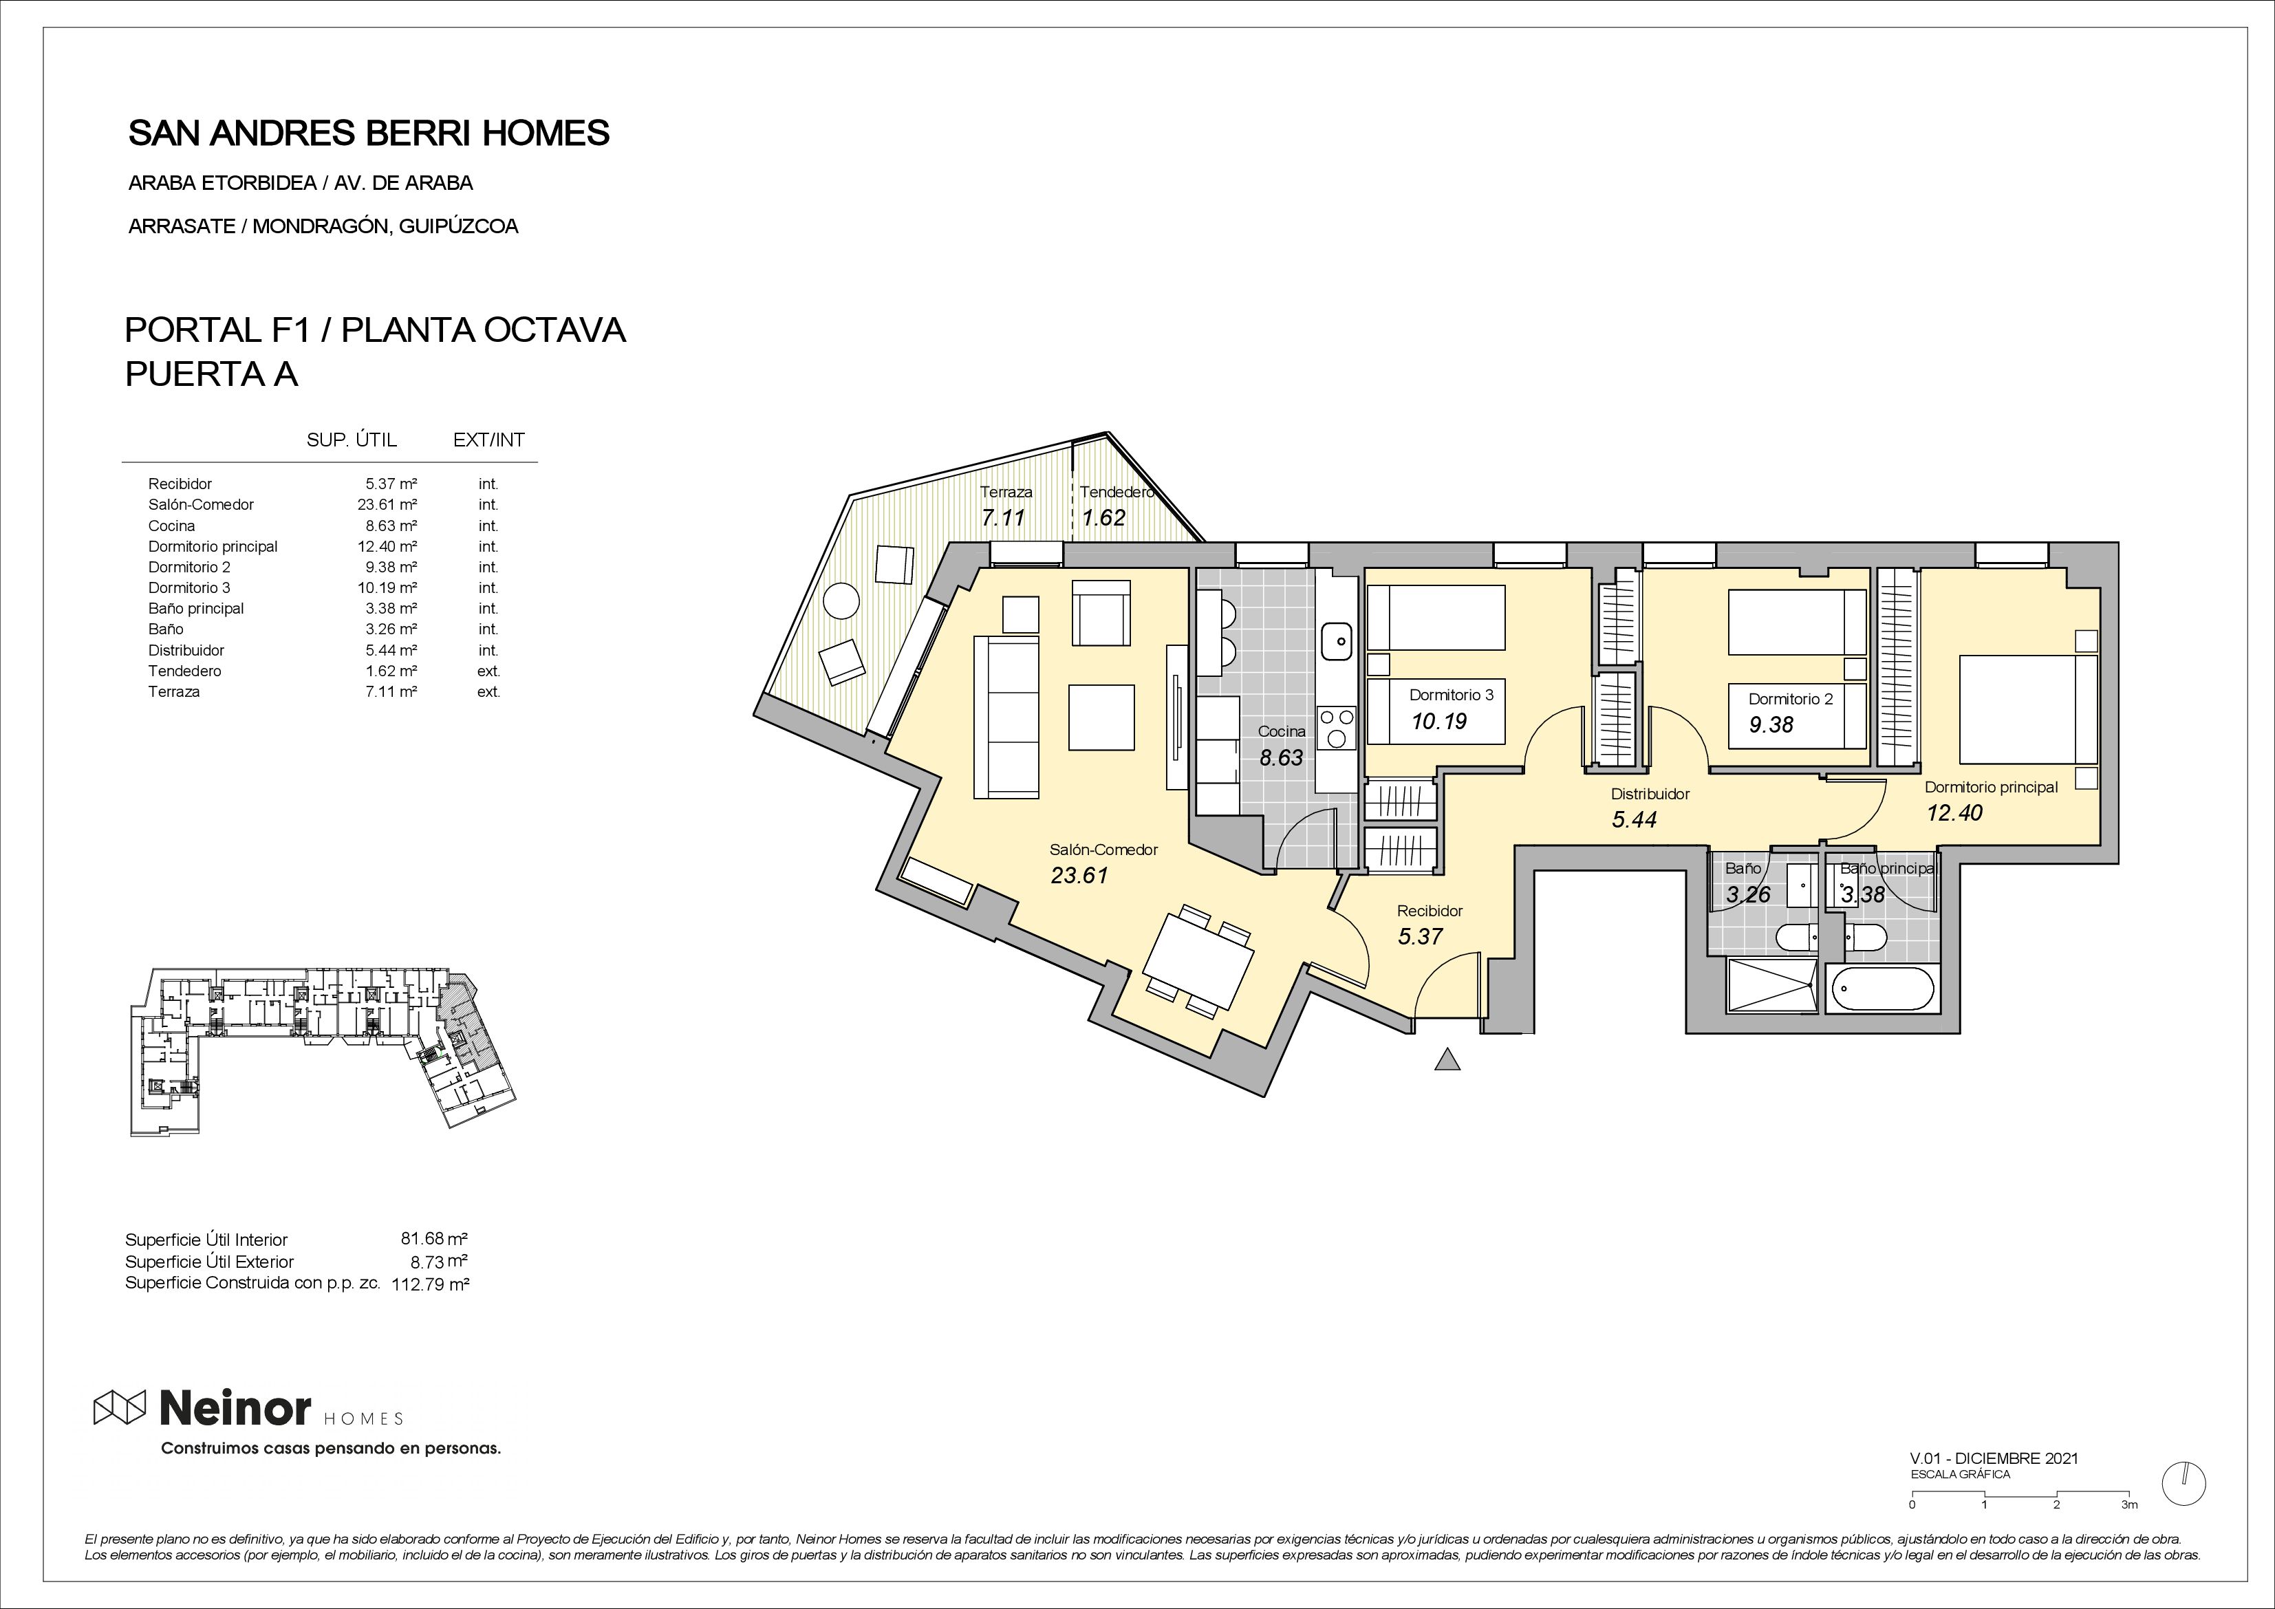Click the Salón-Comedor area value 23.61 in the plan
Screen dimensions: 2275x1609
(x=1079, y=875)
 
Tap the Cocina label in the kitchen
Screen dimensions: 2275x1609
(x=1282, y=731)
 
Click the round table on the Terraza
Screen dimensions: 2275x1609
(x=842, y=601)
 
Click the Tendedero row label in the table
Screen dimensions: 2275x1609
(x=184, y=671)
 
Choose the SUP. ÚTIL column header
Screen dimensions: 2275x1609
(x=352, y=440)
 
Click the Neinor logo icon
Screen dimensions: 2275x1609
(x=120, y=1406)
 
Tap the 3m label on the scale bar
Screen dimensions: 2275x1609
(x=2129, y=1532)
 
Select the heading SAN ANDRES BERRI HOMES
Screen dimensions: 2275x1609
(x=369, y=133)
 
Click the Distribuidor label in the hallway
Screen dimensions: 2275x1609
(x=1650, y=794)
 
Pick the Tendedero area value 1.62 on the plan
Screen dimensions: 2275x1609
(x=1104, y=517)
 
